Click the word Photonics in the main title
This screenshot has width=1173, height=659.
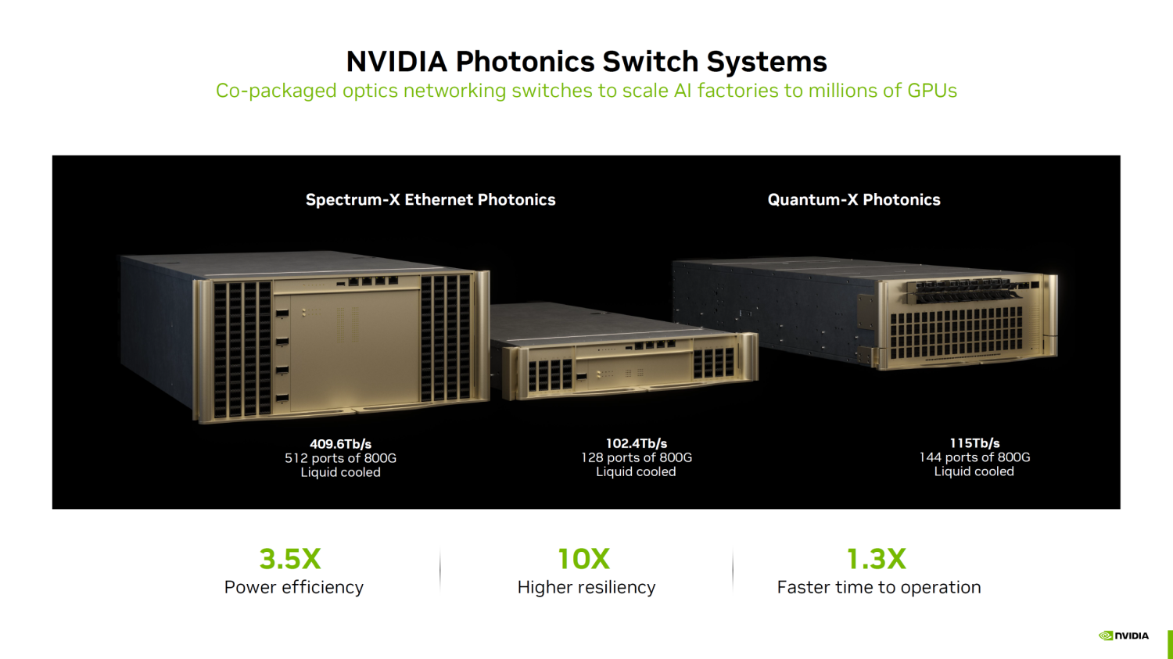525,62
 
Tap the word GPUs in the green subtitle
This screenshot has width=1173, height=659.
932,90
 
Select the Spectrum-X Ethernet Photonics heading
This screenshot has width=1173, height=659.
430,199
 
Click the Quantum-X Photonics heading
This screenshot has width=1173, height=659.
854,199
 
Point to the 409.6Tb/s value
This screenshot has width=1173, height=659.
340,444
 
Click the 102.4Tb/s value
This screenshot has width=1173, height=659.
637,443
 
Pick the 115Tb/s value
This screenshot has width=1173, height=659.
974,442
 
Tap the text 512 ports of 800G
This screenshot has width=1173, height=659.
340,458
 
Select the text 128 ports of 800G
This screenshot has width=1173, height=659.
637,457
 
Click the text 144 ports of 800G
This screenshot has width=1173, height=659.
974,457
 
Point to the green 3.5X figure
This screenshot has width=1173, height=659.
290,558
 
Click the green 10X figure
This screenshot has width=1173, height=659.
584,558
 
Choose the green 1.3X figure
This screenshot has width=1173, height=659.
876,558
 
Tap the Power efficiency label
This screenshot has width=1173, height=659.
294,587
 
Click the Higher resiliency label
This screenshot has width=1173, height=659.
586,587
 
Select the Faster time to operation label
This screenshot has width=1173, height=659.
879,587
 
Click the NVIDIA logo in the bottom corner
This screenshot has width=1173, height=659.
1124,636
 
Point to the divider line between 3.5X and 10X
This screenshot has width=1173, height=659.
439,571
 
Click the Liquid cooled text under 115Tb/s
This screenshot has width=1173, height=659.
974,471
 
